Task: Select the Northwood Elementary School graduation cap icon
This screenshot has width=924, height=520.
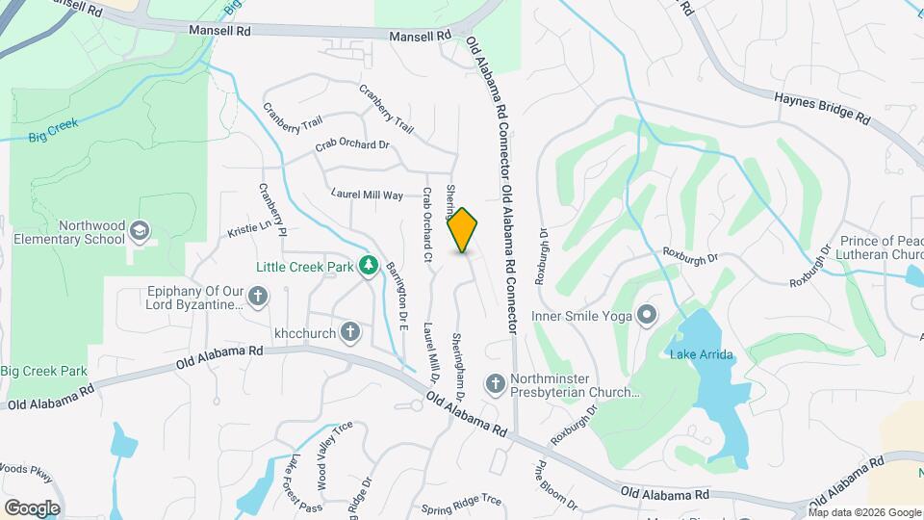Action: pos(141,230)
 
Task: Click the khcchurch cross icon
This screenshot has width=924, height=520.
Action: pos(351,332)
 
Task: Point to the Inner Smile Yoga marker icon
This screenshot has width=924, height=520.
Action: pos(647,314)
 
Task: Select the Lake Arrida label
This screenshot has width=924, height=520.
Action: pos(702,354)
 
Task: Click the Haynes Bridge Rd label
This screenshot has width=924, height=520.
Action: pos(823,106)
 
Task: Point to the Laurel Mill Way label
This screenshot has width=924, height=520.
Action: pos(367,195)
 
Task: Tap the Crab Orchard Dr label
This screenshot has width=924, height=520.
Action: pos(352,146)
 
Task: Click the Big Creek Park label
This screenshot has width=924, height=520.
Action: pos(44,371)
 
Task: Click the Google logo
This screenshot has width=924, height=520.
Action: pos(32,507)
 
